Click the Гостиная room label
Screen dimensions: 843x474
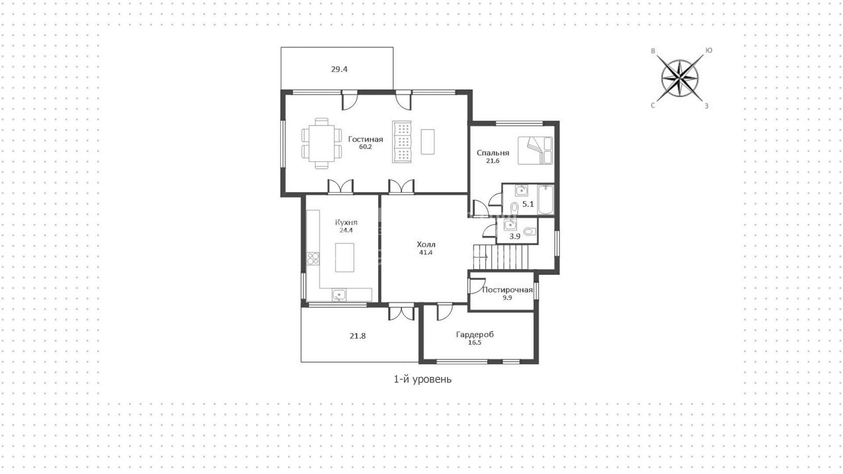pos(365,139)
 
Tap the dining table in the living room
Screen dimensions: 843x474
pos(322,143)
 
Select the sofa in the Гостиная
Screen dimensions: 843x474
pos(402,142)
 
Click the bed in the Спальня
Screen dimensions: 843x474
pos(535,150)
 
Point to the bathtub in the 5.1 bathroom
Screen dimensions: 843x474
pos(546,200)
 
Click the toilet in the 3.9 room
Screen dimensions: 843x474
pos(530,231)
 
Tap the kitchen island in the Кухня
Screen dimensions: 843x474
pos(344,258)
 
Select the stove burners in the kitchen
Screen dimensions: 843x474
pos(313,258)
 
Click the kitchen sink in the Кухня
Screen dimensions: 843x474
pos(339,294)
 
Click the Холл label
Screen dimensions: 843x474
pos(426,244)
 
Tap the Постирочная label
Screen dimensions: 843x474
pos(507,290)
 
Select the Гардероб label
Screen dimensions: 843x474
pos(475,335)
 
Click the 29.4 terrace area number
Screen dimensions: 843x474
pos(339,69)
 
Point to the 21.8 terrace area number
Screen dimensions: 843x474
pos(357,336)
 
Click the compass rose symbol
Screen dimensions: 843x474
pos(680,79)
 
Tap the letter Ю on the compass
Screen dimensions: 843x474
pos(708,51)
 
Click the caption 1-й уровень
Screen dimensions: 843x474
pos(422,379)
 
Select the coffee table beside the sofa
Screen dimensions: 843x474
pos(428,142)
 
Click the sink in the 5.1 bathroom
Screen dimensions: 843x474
pos(522,190)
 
